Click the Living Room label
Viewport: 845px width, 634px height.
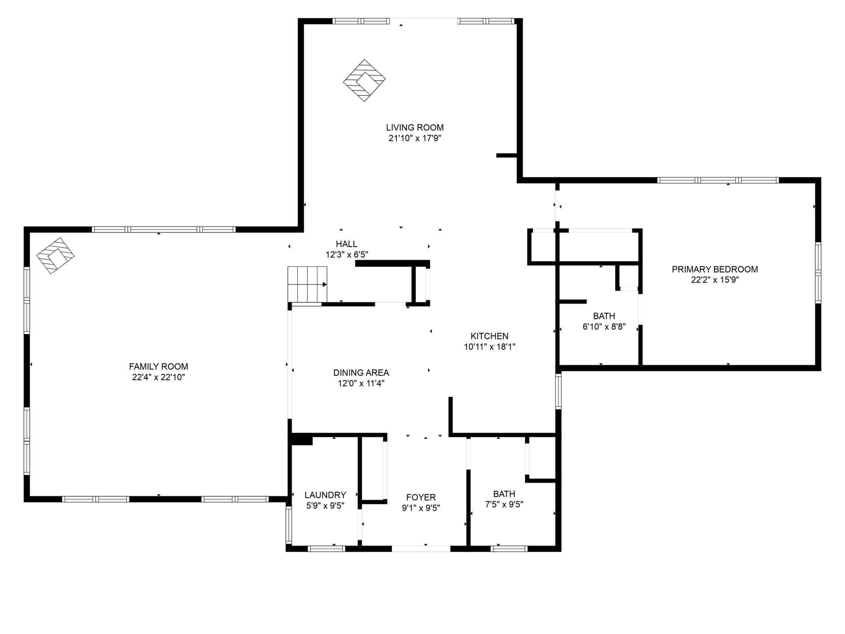click(x=415, y=128)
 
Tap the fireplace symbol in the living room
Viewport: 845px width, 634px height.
click(x=364, y=80)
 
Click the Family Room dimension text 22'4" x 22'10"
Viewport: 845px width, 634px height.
click(x=158, y=377)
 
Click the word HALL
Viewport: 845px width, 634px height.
click(x=346, y=244)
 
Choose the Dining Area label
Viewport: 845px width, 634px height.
click(x=361, y=373)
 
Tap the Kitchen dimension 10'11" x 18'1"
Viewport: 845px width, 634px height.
click(x=490, y=346)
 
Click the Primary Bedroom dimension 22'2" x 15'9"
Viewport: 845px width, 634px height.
click(x=715, y=280)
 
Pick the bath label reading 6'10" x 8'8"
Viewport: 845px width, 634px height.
click(x=604, y=326)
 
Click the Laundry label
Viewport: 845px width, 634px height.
click(x=325, y=495)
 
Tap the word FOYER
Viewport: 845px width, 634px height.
click(x=421, y=497)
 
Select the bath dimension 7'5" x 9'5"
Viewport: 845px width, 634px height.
click(x=504, y=504)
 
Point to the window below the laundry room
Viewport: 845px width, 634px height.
click(x=326, y=549)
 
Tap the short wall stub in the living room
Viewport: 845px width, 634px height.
click(x=506, y=155)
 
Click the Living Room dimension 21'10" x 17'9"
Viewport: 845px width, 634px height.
click(x=415, y=138)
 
